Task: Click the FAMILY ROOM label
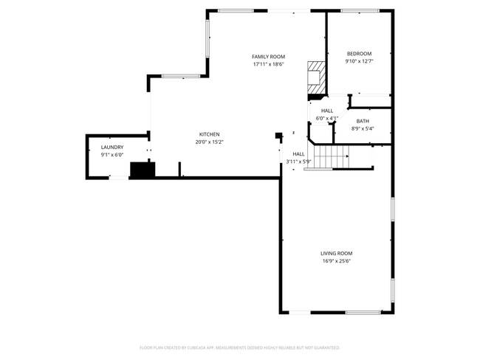point(268,57)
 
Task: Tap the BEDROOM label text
point(360,54)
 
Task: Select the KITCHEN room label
point(209,134)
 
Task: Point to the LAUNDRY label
point(112,148)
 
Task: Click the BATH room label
point(363,121)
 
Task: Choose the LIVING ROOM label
point(336,254)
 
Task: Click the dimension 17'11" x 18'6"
point(268,64)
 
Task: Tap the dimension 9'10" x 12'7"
point(360,61)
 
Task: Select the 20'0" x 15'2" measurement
point(209,142)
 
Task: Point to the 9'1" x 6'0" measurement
point(112,155)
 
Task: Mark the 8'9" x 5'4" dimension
point(363,128)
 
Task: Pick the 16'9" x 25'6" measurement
point(336,261)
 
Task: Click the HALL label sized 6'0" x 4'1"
point(326,111)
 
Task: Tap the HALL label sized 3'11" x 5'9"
point(298,154)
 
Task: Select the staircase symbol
point(327,157)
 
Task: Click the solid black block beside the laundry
point(141,170)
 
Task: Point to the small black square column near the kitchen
point(278,136)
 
